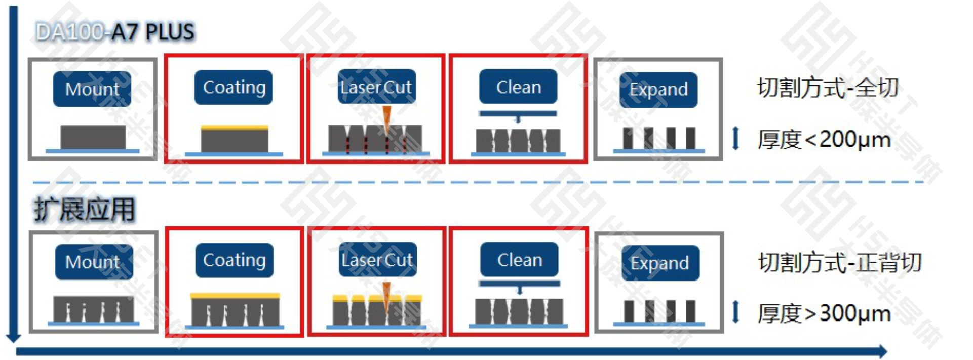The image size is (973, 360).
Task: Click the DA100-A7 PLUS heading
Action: click(x=115, y=32)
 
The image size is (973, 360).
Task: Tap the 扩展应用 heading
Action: click(x=85, y=209)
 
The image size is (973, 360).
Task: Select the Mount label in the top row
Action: click(x=92, y=89)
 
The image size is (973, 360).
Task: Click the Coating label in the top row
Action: click(x=234, y=87)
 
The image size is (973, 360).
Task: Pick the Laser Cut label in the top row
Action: click(x=376, y=87)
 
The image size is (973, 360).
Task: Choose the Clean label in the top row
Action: click(x=519, y=87)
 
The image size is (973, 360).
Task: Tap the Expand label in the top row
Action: click(x=658, y=90)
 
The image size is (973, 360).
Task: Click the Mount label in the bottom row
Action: click(x=93, y=262)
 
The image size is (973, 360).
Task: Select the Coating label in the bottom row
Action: click(x=235, y=260)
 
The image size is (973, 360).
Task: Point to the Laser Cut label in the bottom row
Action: click(x=377, y=260)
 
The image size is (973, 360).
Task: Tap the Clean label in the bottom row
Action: click(x=520, y=260)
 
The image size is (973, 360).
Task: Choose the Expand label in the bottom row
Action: click(x=659, y=263)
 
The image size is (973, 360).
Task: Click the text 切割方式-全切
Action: click(x=828, y=88)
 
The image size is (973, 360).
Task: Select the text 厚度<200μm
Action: click(x=824, y=139)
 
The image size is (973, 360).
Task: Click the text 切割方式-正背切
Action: click(x=839, y=263)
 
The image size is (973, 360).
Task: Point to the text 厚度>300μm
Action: click(x=824, y=313)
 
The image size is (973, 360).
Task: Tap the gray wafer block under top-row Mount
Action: click(x=93, y=137)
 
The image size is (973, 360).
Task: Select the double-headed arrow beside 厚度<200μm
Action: click(x=736, y=139)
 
